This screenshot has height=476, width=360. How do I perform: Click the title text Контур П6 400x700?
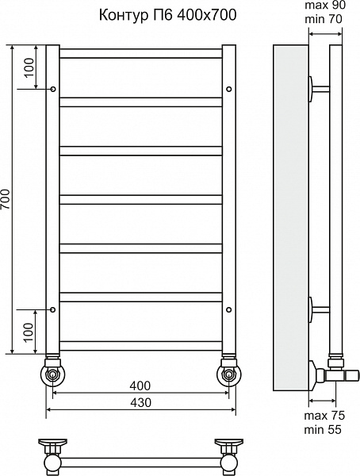[x=167, y=15]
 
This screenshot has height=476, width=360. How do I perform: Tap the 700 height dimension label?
[x=6, y=199]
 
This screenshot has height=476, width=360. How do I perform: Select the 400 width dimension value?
[x=140, y=386]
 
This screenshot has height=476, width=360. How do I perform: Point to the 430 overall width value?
[x=140, y=402]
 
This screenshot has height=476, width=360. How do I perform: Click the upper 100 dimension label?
[x=29, y=67]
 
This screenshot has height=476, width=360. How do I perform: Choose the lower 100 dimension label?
[x=29, y=332]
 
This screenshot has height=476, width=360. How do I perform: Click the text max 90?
[x=325, y=6]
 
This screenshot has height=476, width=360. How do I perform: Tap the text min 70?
[x=324, y=19]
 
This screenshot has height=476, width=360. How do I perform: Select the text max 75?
[x=324, y=415]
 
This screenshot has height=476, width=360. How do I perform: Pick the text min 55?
[x=323, y=429]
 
